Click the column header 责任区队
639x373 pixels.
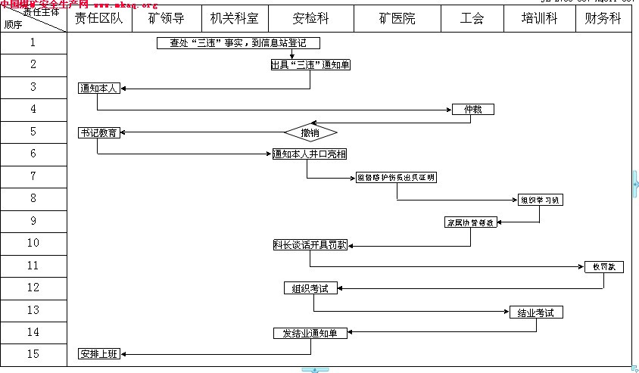point(99,19)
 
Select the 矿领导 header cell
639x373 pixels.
point(167,19)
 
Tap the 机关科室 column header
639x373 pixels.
point(235,19)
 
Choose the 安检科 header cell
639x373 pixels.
point(311,19)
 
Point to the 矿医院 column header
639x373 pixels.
point(397,19)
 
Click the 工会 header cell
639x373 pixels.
point(472,19)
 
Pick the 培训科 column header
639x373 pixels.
point(539,19)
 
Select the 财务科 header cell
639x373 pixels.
point(603,19)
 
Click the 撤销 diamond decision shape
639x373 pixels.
point(310,132)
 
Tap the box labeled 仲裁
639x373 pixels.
point(473,110)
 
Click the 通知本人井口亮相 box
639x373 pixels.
point(310,154)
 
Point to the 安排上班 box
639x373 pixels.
point(99,354)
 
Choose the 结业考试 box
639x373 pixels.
point(536,312)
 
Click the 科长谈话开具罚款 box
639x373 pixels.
point(310,244)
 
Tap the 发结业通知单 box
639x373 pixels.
point(310,333)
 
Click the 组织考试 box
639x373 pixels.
point(310,288)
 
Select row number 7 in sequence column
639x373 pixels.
point(33,176)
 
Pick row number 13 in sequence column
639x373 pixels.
point(33,309)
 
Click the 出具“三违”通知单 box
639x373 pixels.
point(310,65)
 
